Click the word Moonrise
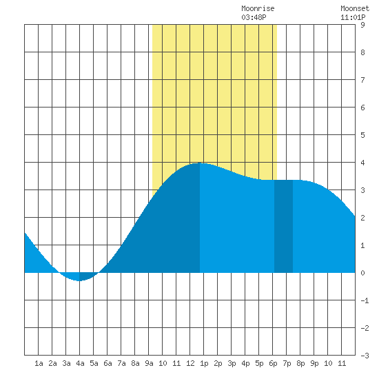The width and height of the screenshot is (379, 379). (258, 8)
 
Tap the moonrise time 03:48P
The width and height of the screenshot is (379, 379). (254, 17)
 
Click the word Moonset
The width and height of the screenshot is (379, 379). (355, 8)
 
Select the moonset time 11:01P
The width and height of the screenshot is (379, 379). (353, 17)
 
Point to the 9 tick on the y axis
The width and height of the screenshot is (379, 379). (362, 25)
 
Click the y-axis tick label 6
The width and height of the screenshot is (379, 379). (362, 107)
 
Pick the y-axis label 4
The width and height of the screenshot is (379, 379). (362, 163)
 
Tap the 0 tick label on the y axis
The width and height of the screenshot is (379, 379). (362, 273)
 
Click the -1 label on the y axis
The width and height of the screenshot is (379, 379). (365, 300)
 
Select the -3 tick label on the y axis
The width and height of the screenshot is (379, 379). (365, 356)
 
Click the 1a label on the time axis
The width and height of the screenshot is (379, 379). (39, 363)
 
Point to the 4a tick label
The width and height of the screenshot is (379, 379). (80, 363)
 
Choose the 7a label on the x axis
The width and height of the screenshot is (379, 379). (121, 363)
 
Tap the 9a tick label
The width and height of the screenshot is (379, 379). (149, 363)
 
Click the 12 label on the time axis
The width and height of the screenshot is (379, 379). (190, 363)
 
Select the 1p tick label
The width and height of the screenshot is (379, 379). (204, 363)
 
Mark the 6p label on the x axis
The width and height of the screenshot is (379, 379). (273, 363)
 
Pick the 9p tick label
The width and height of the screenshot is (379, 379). (314, 363)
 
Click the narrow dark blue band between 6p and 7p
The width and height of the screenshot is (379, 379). (283, 226)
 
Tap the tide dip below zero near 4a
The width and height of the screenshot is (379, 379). (79, 277)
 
